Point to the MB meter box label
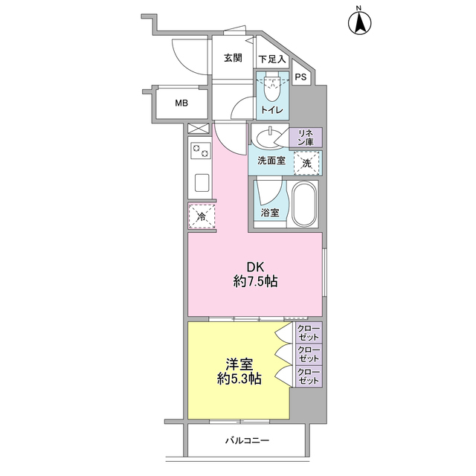(181, 103)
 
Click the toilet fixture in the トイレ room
(271, 91)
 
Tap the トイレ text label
(271, 111)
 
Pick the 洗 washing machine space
(307, 162)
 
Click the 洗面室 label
(271, 161)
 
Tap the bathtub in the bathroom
(304, 204)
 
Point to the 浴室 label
(270, 213)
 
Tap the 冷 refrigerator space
(201, 216)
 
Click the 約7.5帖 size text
(255, 283)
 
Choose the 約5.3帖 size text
(239, 379)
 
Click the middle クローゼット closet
(307, 353)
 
